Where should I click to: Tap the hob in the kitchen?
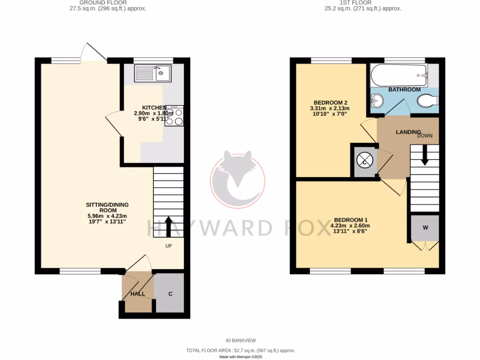point(174,116)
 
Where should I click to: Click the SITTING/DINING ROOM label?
point(107,208)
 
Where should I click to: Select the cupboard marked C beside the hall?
point(171,294)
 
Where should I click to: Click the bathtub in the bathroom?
point(399,74)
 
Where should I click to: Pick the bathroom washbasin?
point(377,100)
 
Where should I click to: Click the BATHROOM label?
point(404,90)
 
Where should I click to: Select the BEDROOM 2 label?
point(330,103)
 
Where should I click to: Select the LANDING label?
point(409,132)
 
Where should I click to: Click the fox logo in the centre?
point(238,179)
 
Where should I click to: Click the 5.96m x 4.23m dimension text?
point(107,216)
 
